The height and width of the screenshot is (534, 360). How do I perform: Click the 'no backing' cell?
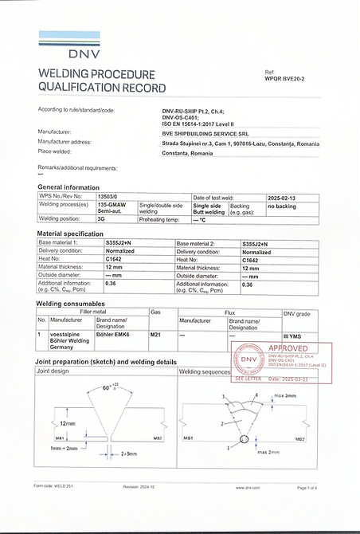tap(282, 206)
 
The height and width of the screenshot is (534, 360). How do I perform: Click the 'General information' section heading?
tap(68, 187)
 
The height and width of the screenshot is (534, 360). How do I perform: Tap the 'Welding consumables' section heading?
tap(71, 304)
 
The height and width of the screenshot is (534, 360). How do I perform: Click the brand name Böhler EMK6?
tap(112, 336)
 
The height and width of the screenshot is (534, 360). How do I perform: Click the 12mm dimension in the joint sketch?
tap(68, 423)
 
